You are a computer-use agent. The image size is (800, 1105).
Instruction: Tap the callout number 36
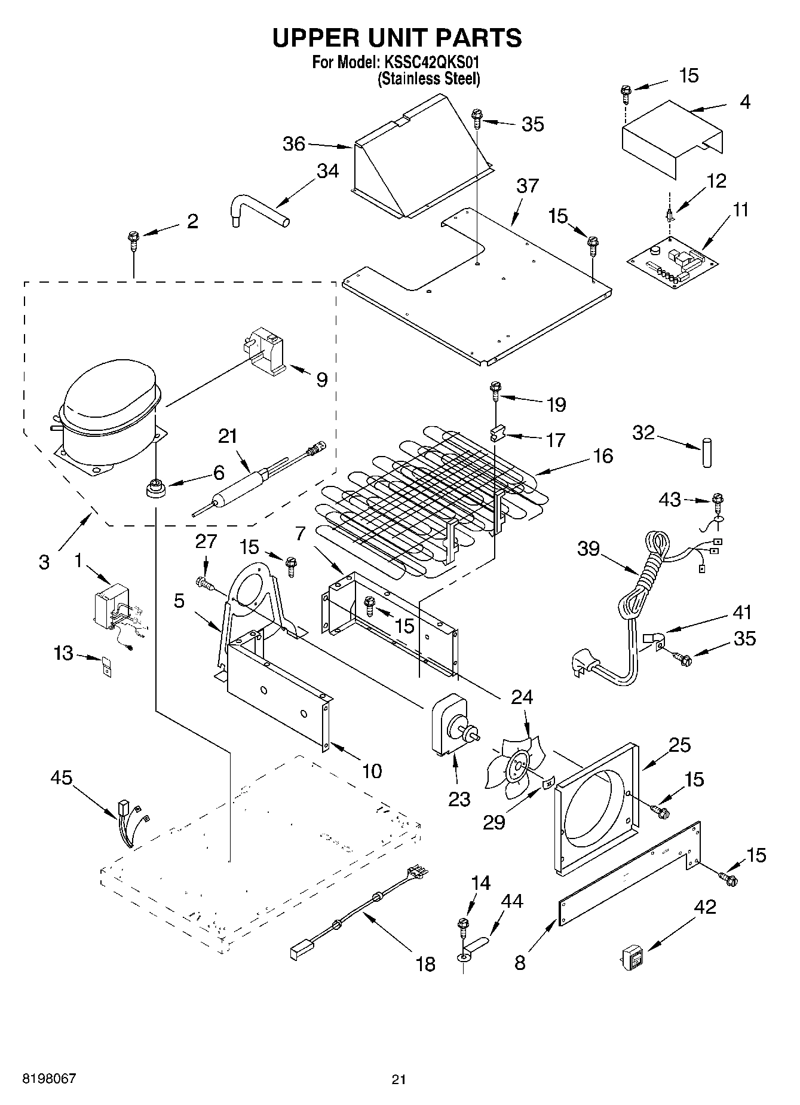pos(294,144)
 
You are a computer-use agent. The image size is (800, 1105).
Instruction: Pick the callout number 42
pos(705,907)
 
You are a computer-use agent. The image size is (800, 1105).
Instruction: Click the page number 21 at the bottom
pos(399,1079)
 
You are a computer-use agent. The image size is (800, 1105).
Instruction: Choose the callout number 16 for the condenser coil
pos(603,456)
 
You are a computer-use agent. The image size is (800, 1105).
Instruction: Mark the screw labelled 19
pos(495,391)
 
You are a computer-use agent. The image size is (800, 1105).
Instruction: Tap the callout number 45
pos(61,778)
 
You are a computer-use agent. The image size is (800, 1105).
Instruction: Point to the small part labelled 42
pos(633,958)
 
